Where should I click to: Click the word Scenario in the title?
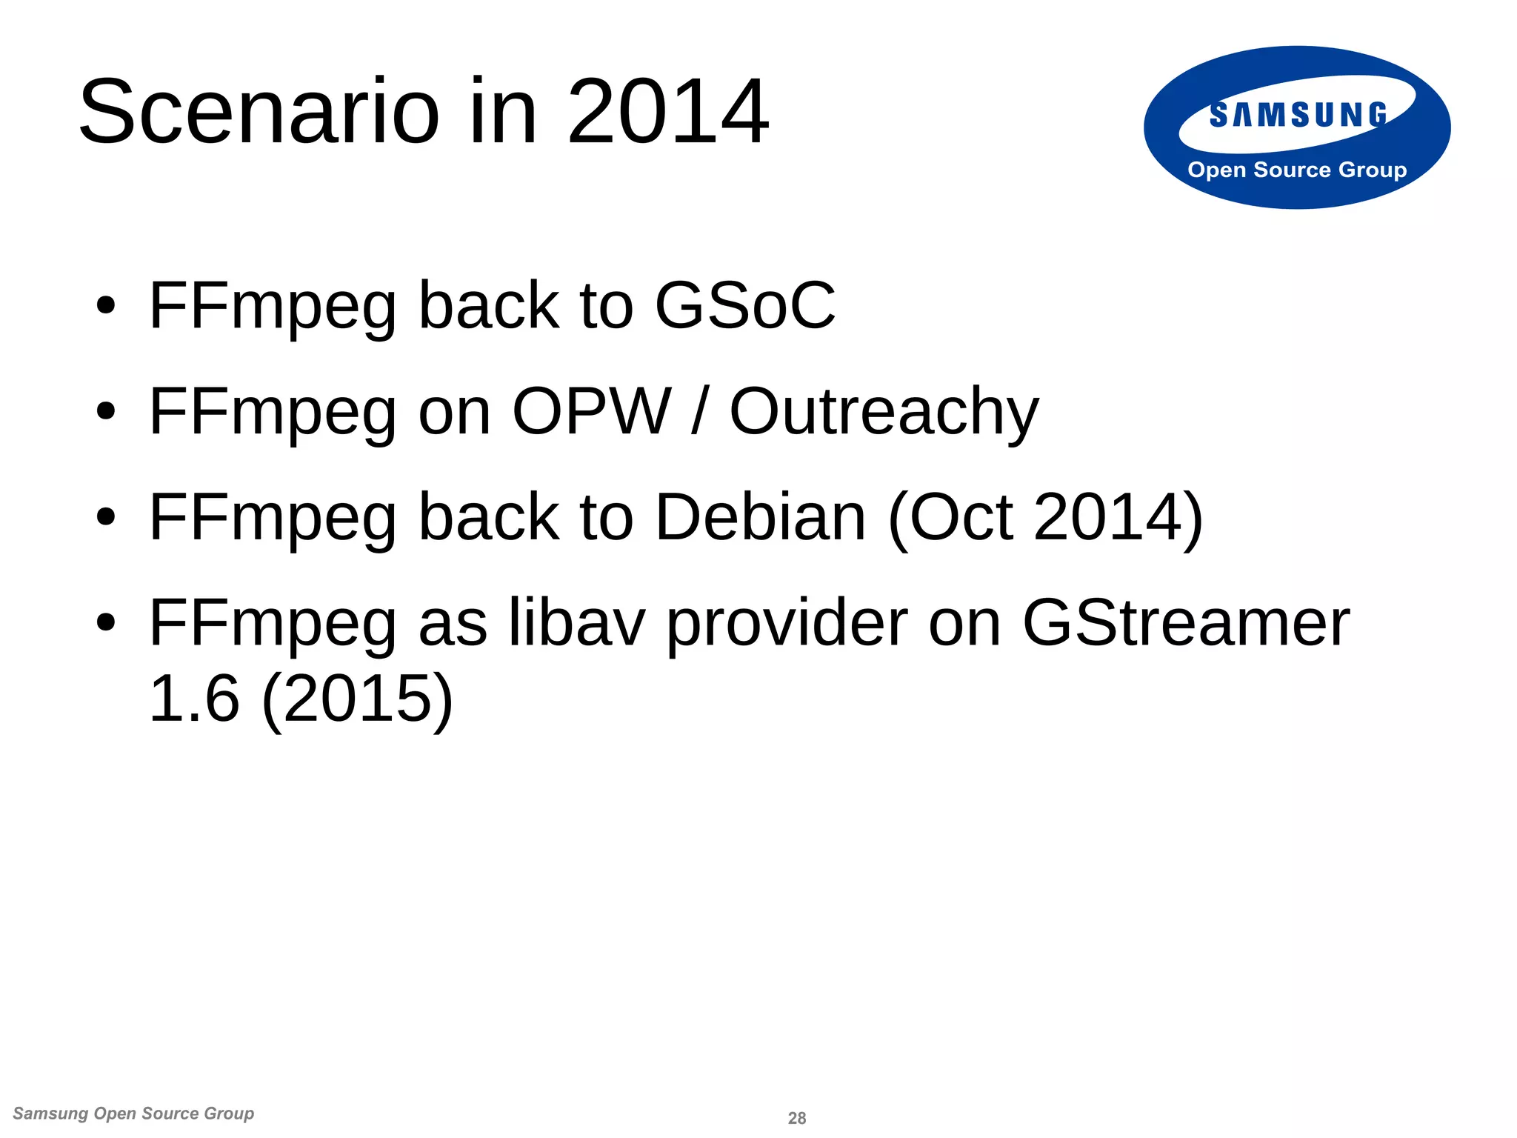259,113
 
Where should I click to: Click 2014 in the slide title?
668,113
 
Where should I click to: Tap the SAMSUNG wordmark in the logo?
1298,116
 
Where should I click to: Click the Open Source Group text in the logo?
1297,170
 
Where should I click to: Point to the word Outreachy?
884,413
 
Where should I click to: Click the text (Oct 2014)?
1045,518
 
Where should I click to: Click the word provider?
787,625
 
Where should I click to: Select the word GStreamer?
1185,623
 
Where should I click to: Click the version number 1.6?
194,699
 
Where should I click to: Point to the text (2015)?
357,699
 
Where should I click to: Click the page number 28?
797,1118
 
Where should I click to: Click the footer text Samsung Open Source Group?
133,1114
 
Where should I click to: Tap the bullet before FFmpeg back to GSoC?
106,306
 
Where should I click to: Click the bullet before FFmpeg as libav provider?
106,623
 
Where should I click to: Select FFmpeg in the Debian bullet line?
273,519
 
